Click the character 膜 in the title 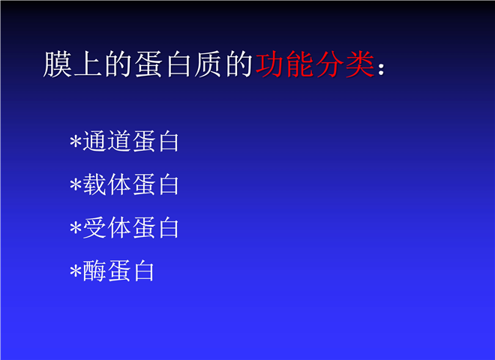click(x=57, y=64)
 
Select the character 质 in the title click(x=208, y=64)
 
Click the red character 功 click(x=269, y=64)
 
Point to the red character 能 click(x=299, y=64)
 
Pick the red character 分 click(x=330, y=64)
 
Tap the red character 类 click(x=360, y=64)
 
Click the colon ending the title click(x=381, y=69)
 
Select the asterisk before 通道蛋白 click(x=76, y=141)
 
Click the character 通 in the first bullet click(x=94, y=141)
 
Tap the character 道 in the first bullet click(x=119, y=141)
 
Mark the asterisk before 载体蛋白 click(x=76, y=184)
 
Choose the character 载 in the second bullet click(x=94, y=184)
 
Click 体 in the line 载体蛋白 click(x=119, y=184)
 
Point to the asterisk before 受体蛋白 click(x=76, y=228)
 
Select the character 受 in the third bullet click(x=94, y=228)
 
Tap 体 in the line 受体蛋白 click(x=119, y=228)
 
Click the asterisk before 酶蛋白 click(x=76, y=271)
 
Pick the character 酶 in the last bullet click(x=94, y=271)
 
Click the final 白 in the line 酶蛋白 click(x=144, y=271)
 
